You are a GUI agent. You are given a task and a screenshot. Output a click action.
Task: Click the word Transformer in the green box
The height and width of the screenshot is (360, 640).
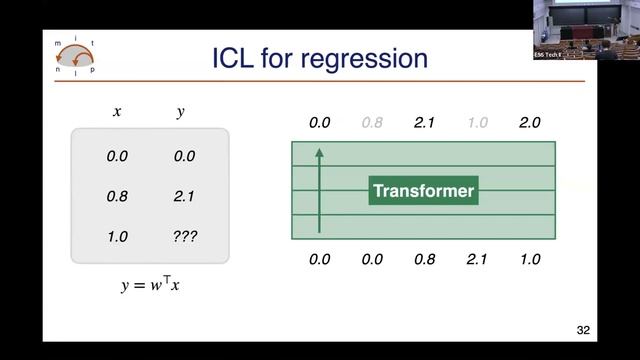point(423,190)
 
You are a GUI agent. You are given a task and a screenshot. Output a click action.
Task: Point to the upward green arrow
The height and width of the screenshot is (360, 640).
point(319,190)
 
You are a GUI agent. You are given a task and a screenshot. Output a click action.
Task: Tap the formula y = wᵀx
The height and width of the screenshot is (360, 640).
point(151,286)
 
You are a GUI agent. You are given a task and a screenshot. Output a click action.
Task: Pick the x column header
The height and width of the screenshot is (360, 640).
point(117,112)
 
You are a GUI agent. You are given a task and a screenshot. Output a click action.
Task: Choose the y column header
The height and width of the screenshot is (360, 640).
point(180,112)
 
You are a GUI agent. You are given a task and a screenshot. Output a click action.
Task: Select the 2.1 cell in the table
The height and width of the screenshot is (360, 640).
point(184,197)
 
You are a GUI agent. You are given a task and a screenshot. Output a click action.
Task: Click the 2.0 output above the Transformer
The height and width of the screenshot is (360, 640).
point(529,123)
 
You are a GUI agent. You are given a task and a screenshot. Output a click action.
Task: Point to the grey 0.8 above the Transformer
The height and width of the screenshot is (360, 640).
point(372,123)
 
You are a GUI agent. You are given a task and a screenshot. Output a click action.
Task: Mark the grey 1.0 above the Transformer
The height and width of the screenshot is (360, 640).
point(477,123)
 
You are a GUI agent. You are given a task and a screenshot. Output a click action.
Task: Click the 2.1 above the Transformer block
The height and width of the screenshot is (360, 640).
point(425,123)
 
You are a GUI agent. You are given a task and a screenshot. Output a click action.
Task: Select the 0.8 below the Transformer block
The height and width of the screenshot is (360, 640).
point(425,259)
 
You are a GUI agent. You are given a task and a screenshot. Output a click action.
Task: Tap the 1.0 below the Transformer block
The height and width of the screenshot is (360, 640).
point(529,259)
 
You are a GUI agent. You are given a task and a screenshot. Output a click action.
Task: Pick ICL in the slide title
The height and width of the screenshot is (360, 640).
point(238,57)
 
